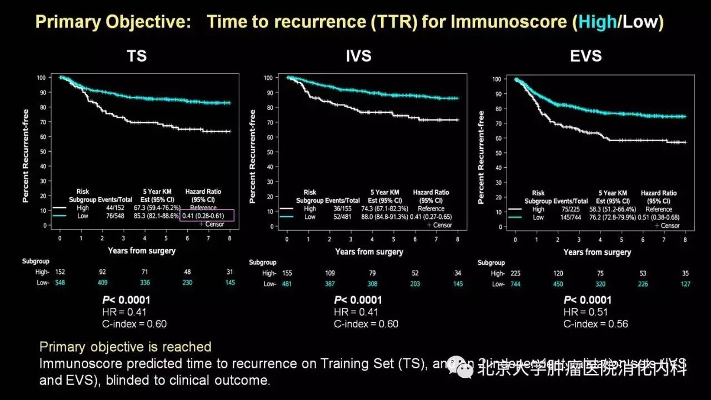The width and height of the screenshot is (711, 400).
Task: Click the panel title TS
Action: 137,56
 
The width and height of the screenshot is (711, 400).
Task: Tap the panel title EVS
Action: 585,56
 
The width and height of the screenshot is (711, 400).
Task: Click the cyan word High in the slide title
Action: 597,22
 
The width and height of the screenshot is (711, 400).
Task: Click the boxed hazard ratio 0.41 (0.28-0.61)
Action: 207,216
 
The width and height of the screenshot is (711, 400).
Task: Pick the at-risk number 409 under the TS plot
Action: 102,282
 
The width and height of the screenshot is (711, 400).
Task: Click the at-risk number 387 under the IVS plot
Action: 329,283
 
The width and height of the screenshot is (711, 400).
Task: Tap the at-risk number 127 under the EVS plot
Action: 685,284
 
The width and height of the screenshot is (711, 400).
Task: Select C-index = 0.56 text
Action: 595,324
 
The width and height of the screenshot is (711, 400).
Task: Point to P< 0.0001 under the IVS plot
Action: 358,300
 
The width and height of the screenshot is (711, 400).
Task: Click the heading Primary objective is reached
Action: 126,347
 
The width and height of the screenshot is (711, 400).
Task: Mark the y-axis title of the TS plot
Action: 26,155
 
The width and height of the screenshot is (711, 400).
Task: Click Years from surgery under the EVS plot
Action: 597,252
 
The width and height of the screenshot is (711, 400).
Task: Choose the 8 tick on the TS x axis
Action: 229,237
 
